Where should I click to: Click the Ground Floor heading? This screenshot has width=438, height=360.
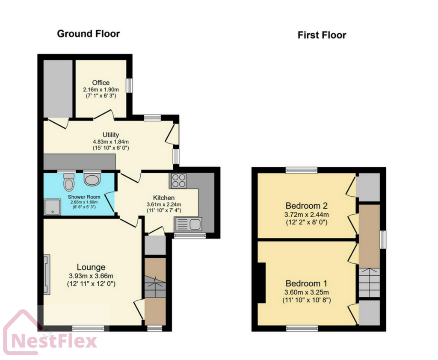[x=89, y=34]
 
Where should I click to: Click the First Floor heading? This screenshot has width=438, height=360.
[x=322, y=35]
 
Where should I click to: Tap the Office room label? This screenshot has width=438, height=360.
[x=101, y=83]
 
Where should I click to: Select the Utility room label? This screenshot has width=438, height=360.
[x=110, y=135]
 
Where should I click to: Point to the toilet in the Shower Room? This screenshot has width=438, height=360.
[x=68, y=183]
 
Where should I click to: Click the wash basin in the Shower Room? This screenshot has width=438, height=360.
[x=92, y=179]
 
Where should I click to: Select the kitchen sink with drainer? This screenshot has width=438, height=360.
[x=188, y=224]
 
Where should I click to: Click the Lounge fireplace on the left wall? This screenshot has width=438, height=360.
[x=47, y=274]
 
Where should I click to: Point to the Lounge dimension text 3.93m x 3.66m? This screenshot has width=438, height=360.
[x=91, y=276]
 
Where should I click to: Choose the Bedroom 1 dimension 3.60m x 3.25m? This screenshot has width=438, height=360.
[x=307, y=292]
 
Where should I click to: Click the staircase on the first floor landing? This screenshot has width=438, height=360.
[x=369, y=282]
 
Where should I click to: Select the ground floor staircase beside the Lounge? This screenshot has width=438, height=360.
[x=155, y=287]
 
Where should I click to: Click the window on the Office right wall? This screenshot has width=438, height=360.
[x=129, y=85]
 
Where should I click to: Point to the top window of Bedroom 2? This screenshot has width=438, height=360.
[x=302, y=170]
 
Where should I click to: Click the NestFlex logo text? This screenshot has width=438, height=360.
[x=53, y=341]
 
